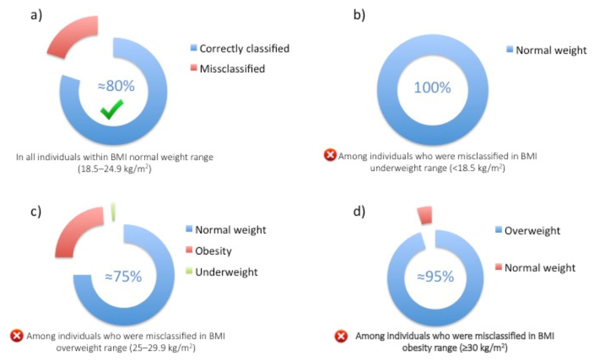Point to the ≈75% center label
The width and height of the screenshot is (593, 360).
click(124, 277)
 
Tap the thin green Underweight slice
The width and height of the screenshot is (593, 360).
click(113, 212)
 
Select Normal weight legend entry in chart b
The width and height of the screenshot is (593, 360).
click(546, 50)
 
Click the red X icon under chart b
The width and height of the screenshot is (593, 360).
click(330, 156)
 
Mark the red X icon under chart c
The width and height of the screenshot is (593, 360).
click(17, 335)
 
